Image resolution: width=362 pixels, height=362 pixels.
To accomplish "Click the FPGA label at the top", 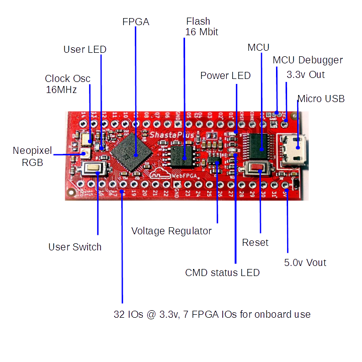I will coord(136,22).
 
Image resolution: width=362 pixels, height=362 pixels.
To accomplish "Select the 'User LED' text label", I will coord(85,49).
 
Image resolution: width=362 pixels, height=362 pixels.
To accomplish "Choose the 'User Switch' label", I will coord(75,247).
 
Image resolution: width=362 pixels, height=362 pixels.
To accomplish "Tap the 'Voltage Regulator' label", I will coord(171,231).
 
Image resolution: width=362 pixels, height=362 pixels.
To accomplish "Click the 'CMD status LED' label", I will coord(222,273).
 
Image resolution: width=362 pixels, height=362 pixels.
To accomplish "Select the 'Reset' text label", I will coord(255,242).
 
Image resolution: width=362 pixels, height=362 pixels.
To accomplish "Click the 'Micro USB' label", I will coord(321,99).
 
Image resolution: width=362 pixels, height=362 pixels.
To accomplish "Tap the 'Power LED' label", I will coord(225,76).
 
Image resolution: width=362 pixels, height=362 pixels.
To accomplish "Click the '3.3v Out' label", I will coord(306,75).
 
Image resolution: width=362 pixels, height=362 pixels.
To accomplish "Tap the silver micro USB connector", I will coord(291,149).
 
